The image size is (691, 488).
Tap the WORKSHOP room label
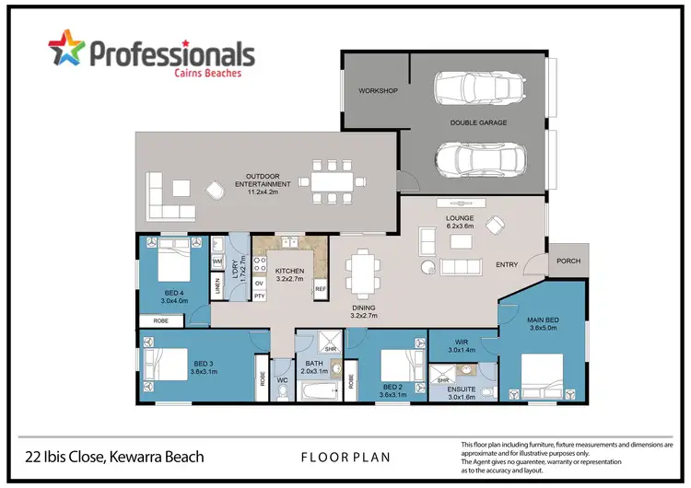(379, 91)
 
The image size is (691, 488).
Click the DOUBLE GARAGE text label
(478, 122)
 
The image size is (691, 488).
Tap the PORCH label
(568, 261)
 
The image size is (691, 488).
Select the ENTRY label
(507, 265)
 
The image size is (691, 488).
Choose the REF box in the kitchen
(321, 288)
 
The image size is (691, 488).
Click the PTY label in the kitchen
(260, 296)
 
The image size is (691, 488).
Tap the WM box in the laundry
(217, 262)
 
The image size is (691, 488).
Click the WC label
(283, 379)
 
